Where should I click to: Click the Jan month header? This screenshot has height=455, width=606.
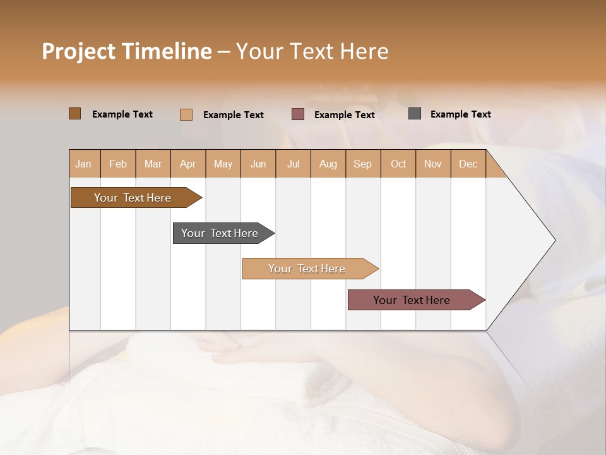83,164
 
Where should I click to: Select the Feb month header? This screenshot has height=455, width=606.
118,164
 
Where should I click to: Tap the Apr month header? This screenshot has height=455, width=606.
187,164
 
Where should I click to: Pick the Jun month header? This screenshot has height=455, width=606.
258,164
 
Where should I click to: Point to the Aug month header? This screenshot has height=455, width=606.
328,164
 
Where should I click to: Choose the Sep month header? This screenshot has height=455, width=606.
362,164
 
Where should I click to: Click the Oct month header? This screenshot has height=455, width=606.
398,164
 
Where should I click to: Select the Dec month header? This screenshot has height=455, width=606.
468,164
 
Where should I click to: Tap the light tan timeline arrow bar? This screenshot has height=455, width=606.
308,269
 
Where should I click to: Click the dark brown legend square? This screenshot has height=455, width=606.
75,114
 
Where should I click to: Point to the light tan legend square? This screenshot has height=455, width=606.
186,114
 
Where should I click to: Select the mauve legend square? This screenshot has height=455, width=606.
298,114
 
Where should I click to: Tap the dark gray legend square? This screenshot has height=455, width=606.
415,114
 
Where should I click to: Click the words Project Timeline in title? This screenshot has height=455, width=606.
127,51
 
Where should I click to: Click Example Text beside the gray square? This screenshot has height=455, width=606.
460,114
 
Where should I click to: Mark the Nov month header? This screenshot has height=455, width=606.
432,164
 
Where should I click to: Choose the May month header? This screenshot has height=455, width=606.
223,164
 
